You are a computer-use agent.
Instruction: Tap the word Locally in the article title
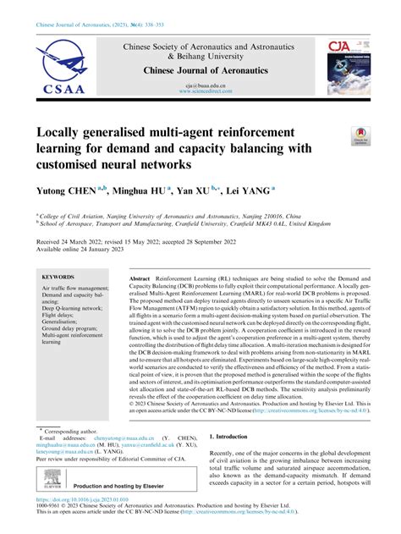[x=66, y=133]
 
